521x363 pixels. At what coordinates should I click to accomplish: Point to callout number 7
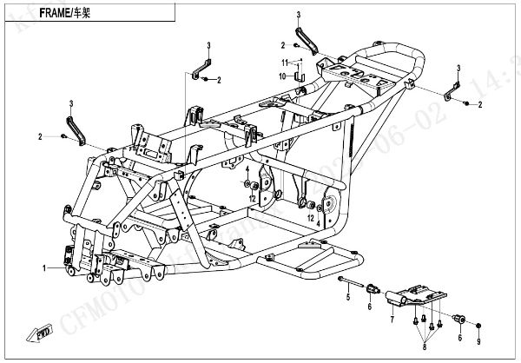click(x=392, y=320)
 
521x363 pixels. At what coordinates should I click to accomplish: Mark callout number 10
click(x=282, y=76)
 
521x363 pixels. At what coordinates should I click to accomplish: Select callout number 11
click(x=283, y=63)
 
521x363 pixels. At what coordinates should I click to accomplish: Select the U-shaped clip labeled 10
click(x=301, y=77)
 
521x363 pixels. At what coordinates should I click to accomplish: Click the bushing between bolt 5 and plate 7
click(x=373, y=287)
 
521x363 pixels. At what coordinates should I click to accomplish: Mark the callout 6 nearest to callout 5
click(x=368, y=307)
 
